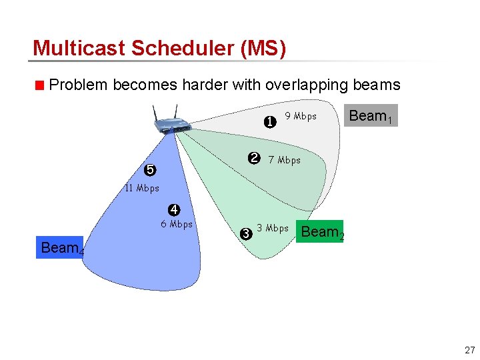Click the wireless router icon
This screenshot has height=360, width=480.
pos(165,121)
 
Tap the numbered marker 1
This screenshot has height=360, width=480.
pos(270,122)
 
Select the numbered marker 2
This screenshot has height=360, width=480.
pos(253,158)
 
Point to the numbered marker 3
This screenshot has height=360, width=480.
pos(245,233)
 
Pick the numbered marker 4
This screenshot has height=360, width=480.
pos(174,210)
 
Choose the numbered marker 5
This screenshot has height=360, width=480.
pos(150,170)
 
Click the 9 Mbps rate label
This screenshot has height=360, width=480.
pos(301,116)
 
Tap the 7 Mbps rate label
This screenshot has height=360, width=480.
pos(284,160)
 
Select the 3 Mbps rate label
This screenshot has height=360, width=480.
pos(273,229)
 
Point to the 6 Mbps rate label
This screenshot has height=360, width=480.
pos(177,224)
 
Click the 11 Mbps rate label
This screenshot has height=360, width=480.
pos(142,188)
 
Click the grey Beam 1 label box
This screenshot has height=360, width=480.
pos(371,116)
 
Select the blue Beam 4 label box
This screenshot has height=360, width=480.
pos(61,248)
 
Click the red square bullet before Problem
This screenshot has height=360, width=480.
pos(40,85)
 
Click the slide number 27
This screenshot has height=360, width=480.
pos(470,350)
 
